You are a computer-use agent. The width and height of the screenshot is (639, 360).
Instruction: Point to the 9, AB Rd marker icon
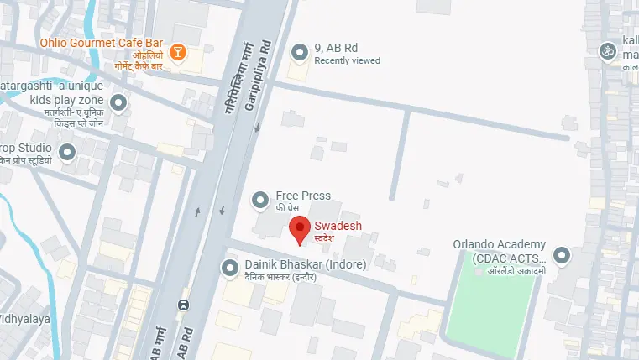(x=300, y=54)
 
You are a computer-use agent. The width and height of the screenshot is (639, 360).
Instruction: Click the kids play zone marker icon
(x=118, y=103)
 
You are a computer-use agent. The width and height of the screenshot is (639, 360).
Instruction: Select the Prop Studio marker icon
(x=65, y=152)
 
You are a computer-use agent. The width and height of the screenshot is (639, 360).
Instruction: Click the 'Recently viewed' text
(x=347, y=61)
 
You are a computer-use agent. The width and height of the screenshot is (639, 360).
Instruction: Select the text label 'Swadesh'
(x=338, y=225)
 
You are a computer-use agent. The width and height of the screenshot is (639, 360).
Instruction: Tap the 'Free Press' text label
(x=302, y=196)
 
